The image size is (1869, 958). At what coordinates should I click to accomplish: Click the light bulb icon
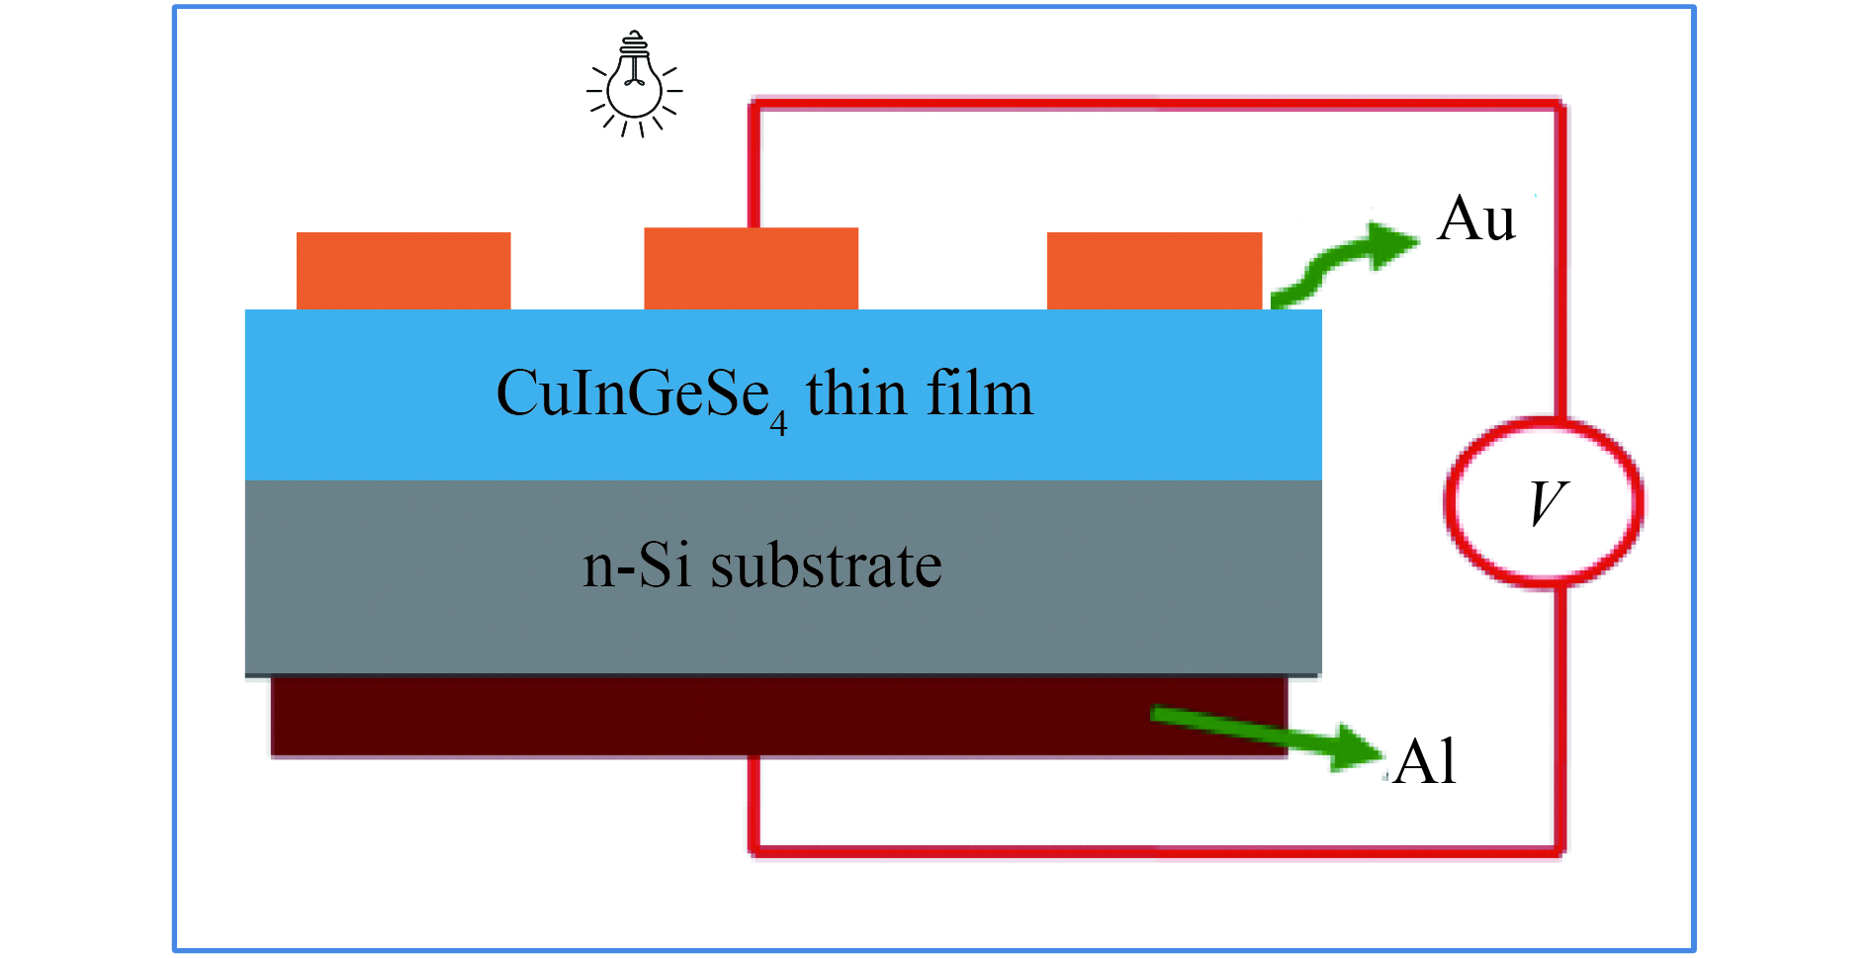pos(635,84)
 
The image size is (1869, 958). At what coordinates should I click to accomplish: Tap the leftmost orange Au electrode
pos(403,271)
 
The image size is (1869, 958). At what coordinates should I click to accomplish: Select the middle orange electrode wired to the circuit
pos(752,269)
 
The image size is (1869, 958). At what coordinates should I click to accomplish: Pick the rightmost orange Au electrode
pos(1155,271)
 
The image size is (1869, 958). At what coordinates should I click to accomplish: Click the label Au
pos(1476,218)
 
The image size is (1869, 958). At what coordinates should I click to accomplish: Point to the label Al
pos(1426,762)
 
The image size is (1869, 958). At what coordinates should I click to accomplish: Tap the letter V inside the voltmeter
pos(1548,503)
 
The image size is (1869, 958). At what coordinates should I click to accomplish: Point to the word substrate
pos(826,566)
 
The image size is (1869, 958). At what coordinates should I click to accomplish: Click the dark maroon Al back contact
pos(779,717)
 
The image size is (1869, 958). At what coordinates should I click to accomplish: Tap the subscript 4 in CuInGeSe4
pos(779,424)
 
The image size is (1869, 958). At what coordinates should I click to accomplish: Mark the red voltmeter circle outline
pos(1446,503)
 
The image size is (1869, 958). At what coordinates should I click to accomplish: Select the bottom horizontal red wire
pos(1157,849)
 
